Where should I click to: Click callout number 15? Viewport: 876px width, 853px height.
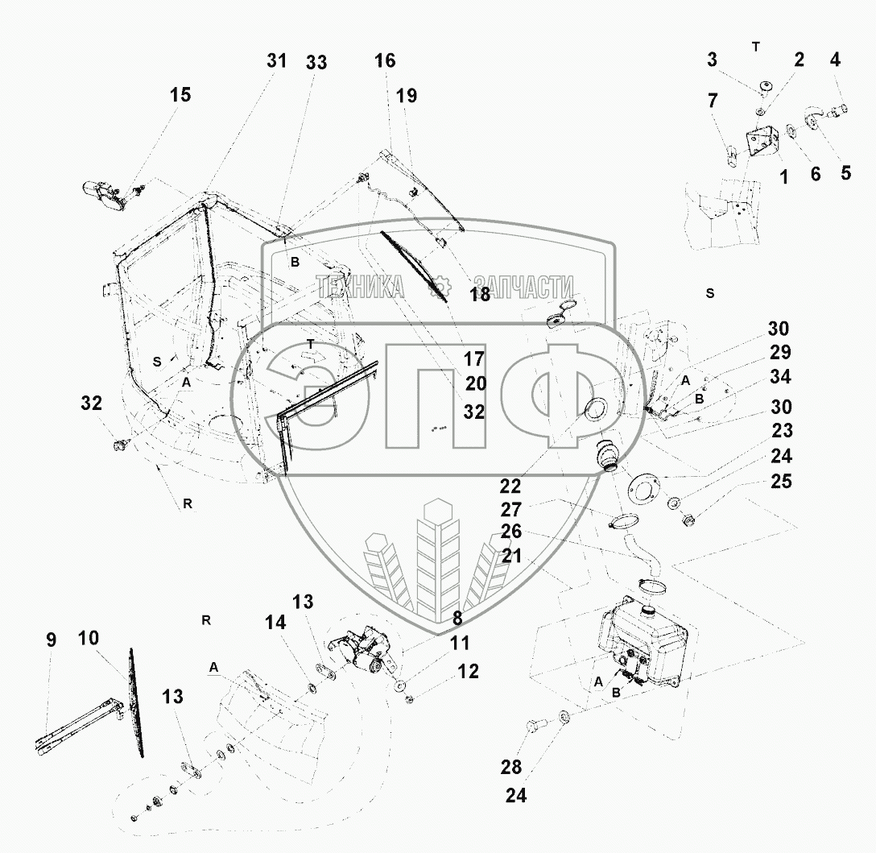(x=180, y=95)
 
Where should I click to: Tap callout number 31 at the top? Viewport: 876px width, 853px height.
(x=276, y=61)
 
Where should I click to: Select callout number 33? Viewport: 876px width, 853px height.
(x=316, y=63)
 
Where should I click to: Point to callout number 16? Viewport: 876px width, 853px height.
(x=385, y=60)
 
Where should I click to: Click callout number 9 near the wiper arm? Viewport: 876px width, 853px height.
(x=51, y=640)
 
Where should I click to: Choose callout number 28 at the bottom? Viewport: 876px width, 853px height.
(x=511, y=767)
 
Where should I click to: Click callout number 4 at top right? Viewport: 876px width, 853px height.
(x=835, y=59)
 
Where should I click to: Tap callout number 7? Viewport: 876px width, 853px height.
(x=713, y=101)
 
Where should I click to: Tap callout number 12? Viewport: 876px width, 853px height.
(x=468, y=671)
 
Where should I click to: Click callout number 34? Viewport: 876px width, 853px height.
(x=780, y=377)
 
